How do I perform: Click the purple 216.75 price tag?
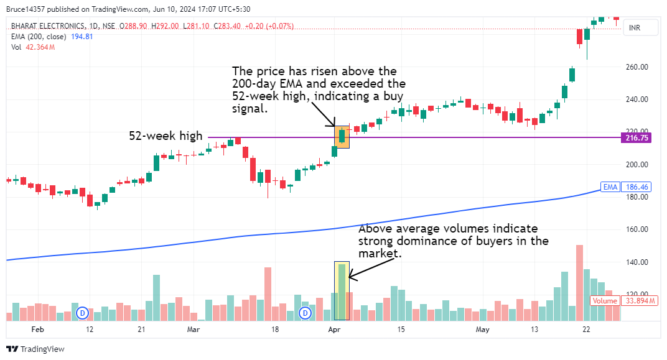pyautogui.click(x=636, y=137)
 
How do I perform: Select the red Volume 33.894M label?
pyautogui.click(x=605, y=301)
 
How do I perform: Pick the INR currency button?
pyautogui.click(x=635, y=28)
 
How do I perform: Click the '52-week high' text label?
pyautogui.click(x=166, y=135)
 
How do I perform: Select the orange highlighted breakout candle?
pyautogui.click(x=342, y=137)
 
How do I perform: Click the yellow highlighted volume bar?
pyautogui.click(x=342, y=291)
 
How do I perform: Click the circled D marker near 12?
pyautogui.click(x=82, y=312)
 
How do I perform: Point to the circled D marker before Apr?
pyautogui.click(x=306, y=312)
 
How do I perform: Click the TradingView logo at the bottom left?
pyautogui.click(x=35, y=349)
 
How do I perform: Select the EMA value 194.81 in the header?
pyautogui.click(x=81, y=37)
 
